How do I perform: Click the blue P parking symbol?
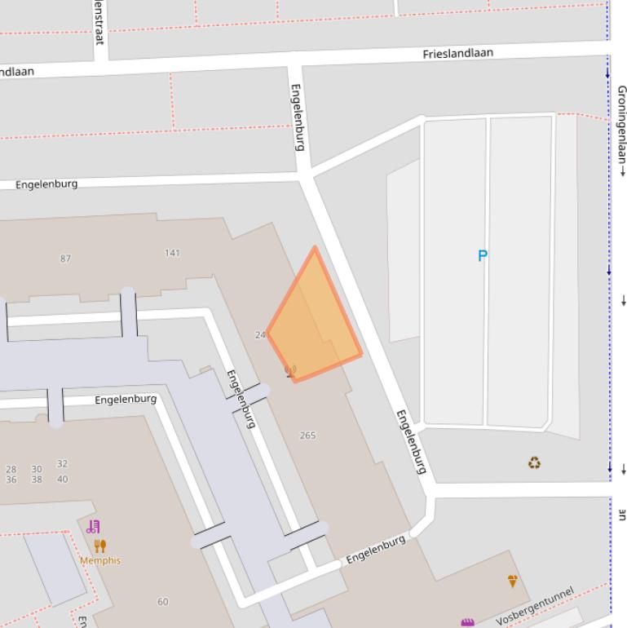click(482, 256)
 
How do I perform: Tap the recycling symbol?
click(534, 463)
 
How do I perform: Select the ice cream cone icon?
click(512, 581)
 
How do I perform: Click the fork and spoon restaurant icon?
click(100, 546)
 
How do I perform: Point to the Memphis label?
click(100, 561)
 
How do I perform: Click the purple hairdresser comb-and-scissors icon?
click(93, 527)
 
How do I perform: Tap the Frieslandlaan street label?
click(457, 54)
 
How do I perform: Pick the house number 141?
click(172, 253)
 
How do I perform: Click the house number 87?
click(65, 259)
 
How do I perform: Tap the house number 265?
click(307, 436)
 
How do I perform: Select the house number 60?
click(163, 602)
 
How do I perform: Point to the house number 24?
click(260, 335)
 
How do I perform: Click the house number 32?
click(62, 463)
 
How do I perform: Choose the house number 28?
click(11, 469)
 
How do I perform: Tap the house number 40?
click(62, 479)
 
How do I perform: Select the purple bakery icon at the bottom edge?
click(467, 623)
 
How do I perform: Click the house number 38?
click(37, 480)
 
